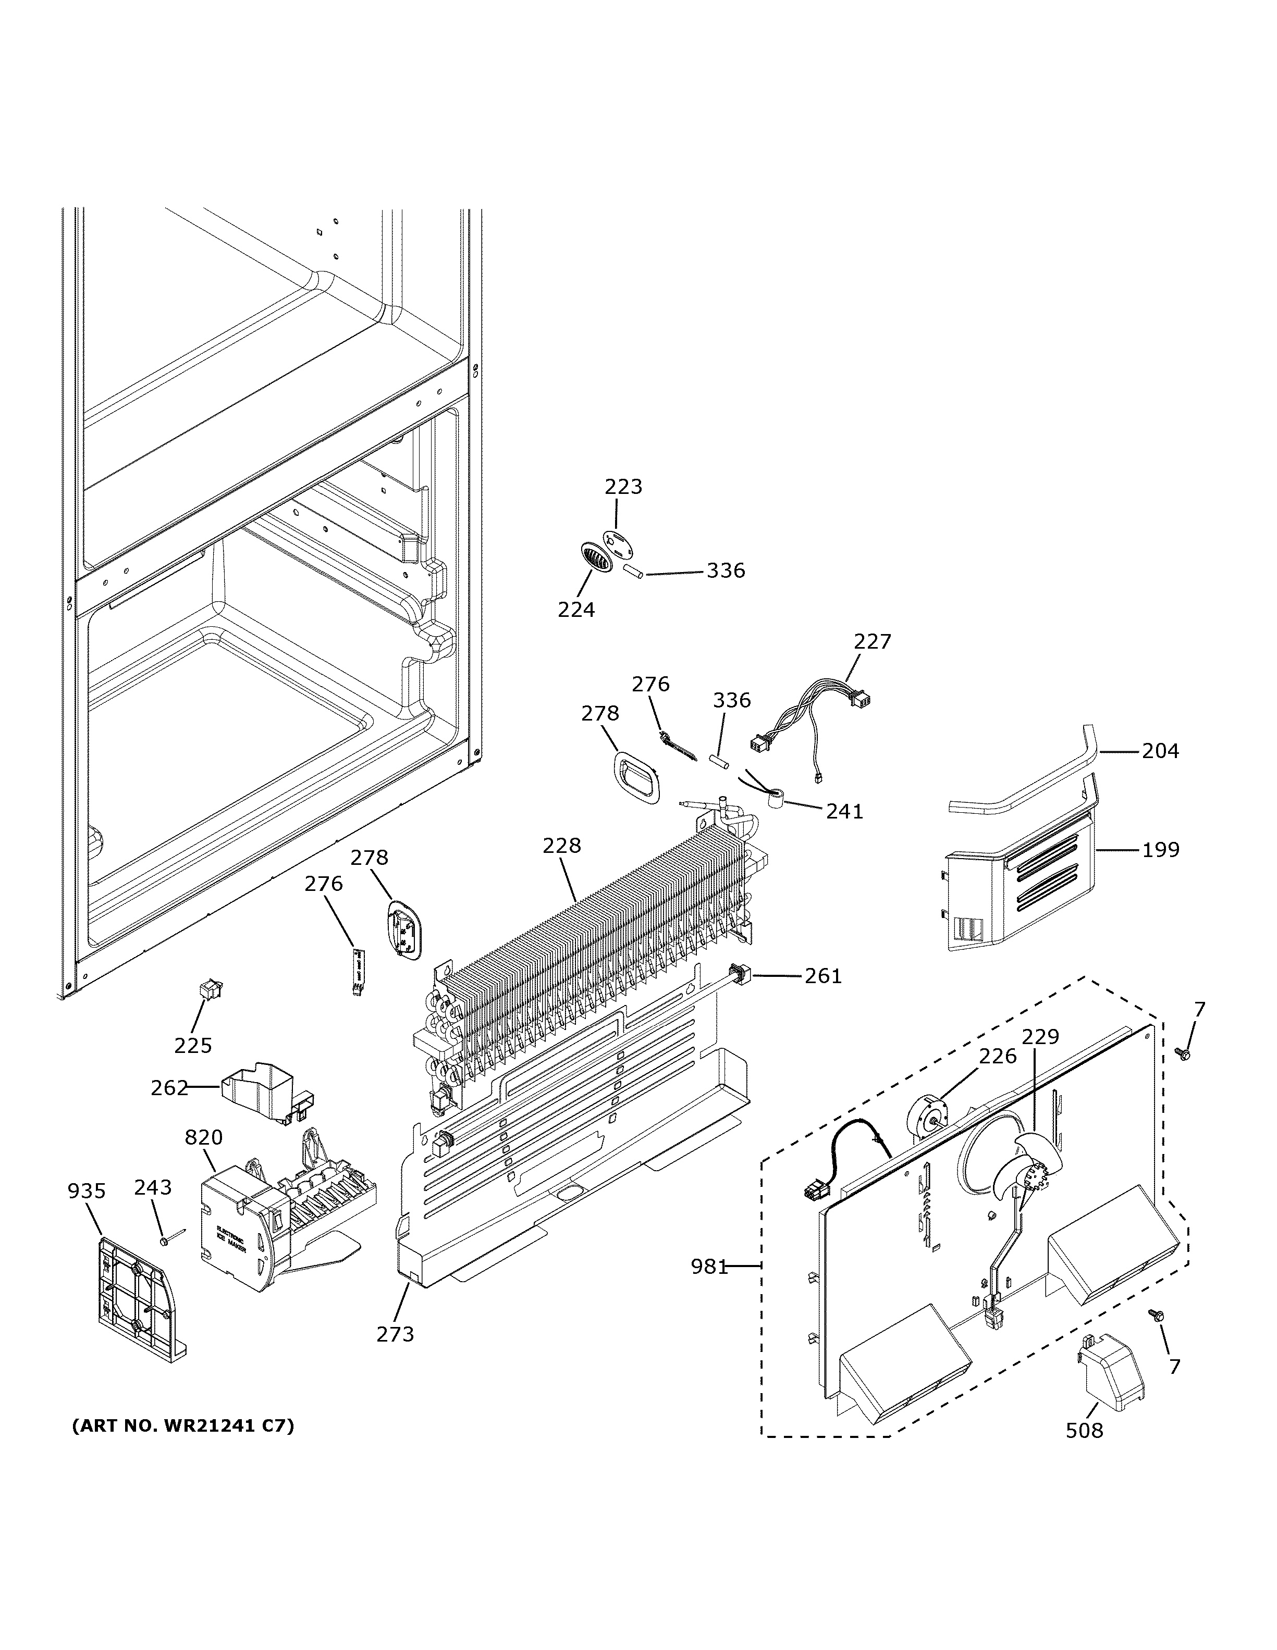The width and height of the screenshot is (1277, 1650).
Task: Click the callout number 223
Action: point(623,487)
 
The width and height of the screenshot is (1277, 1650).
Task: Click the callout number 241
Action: point(844,811)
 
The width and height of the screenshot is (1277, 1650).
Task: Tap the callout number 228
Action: point(561,846)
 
